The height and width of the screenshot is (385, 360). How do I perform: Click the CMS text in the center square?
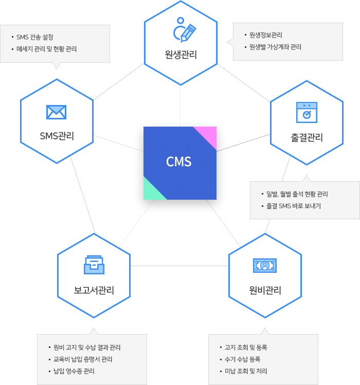[179, 162]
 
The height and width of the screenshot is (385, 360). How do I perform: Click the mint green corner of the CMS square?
[151, 191]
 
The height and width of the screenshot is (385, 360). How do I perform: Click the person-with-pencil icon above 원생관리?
[185, 32]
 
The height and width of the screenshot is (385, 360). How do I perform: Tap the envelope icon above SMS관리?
[57, 112]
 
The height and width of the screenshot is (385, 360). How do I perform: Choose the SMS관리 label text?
[57, 136]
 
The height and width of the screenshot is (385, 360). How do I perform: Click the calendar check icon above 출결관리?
[307, 112]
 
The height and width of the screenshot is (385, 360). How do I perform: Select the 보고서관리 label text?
[94, 290]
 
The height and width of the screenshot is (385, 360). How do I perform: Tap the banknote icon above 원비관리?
[265, 265]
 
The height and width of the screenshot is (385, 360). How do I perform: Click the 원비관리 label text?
[265, 290]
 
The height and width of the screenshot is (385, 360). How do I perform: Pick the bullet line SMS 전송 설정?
[35, 37]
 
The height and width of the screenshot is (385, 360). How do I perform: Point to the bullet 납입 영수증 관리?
[74, 371]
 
